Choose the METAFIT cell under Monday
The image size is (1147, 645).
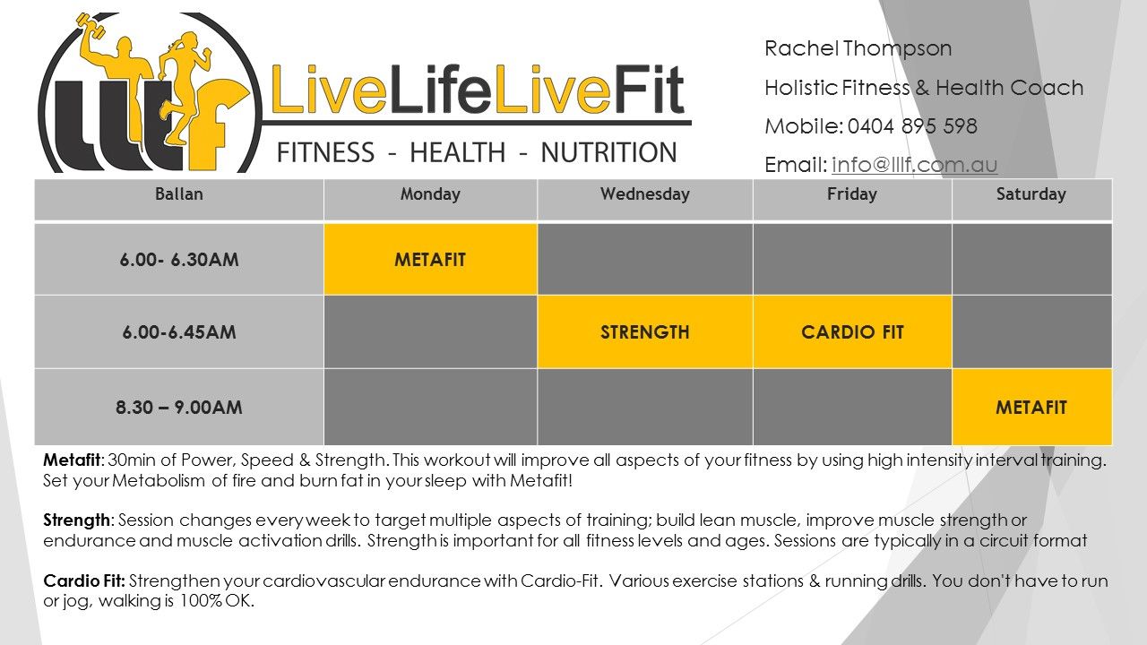tap(430, 260)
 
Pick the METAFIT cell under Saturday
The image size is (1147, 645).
tap(1031, 408)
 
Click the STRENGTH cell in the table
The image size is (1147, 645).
tap(644, 332)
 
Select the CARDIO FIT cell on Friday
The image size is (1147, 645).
tap(852, 332)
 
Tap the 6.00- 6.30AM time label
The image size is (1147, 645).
tap(179, 260)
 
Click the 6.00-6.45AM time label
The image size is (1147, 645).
tap(179, 332)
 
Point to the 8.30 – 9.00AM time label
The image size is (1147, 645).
tap(178, 408)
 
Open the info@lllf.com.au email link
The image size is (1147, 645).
tap(915, 165)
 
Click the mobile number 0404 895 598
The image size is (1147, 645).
tap(912, 126)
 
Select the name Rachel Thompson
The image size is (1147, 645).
tap(858, 49)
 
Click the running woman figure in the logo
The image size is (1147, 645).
tap(184, 87)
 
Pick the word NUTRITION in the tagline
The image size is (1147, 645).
tap(608, 152)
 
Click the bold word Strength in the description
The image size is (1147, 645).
tap(76, 520)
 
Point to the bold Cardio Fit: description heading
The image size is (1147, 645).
tap(84, 581)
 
